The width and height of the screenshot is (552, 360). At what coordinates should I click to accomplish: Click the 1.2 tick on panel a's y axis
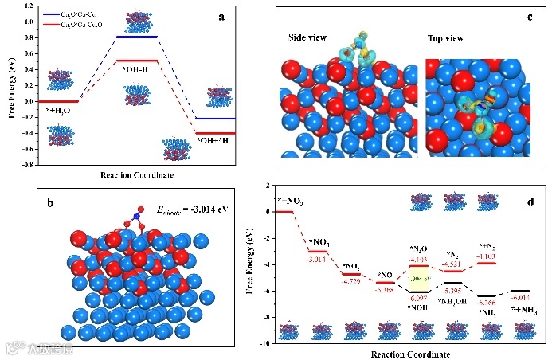30,6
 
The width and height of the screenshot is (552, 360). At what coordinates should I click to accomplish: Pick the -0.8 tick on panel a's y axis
29,165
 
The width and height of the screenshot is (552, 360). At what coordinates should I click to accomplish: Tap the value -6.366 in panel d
486,303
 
